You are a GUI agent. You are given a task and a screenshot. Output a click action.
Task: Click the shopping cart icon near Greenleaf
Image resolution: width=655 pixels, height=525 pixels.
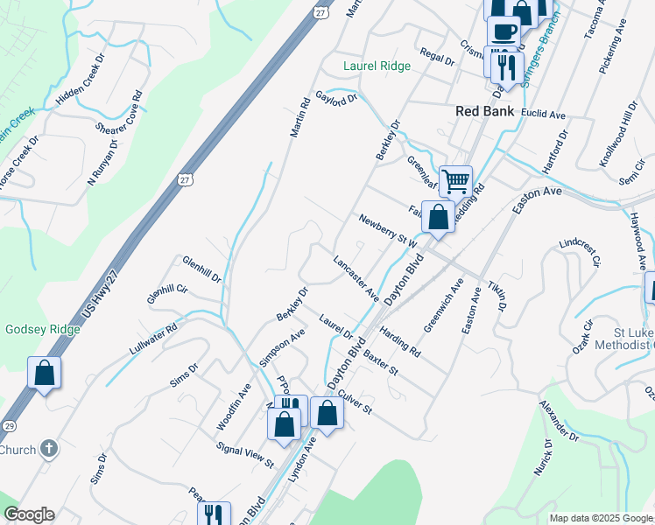pyautogui.click(x=455, y=182)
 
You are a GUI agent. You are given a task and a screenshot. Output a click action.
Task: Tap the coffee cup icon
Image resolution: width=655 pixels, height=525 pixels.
pyautogui.click(x=504, y=31)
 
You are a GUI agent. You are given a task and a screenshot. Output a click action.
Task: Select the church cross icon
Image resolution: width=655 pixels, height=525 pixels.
pyautogui.click(x=49, y=450)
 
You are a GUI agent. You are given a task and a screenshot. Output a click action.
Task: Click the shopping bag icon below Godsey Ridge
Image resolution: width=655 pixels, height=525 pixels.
pyautogui.click(x=44, y=373)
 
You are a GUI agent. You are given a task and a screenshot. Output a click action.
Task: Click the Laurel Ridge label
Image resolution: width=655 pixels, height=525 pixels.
pyautogui.click(x=377, y=66)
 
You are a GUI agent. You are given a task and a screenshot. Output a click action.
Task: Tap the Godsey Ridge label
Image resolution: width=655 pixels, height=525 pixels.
pyautogui.click(x=43, y=329)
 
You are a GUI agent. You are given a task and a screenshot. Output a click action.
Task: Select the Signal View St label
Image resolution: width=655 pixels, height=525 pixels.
pyautogui.click(x=246, y=453)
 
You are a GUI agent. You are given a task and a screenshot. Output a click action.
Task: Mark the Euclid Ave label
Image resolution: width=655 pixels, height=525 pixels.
pyautogui.click(x=543, y=115)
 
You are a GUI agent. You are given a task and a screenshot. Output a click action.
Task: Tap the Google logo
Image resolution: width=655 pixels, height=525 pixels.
pyautogui.click(x=29, y=514)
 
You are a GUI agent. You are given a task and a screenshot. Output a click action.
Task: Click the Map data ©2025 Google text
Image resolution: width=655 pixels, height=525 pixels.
pyautogui.click(x=600, y=518)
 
